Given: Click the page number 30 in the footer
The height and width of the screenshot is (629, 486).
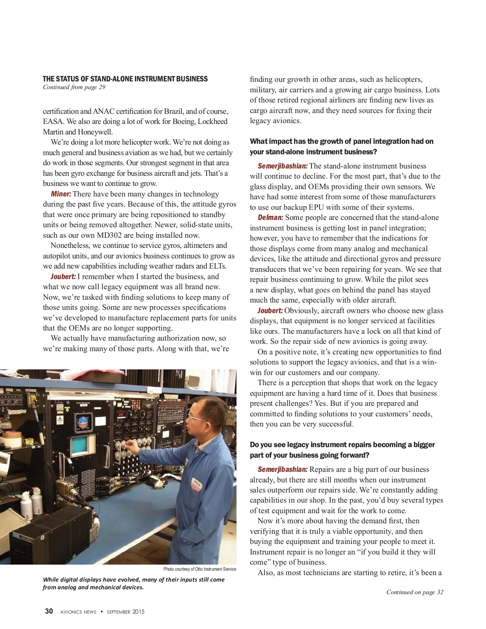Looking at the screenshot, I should pyautogui.click(x=49, y=611).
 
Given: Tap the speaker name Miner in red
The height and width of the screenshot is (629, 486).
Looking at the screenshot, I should pyautogui.click(x=61, y=194).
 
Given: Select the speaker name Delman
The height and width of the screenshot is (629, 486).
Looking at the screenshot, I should pyautogui.click(x=270, y=217).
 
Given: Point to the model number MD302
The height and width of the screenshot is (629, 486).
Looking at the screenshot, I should pyautogui.click(x=109, y=235).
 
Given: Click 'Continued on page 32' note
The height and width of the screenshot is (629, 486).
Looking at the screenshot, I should pyautogui.click(x=414, y=592).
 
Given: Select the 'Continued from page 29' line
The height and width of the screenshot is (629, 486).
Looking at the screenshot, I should pyautogui.click(x=74, y=87).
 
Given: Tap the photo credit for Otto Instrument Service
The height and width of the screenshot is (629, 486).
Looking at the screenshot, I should pyautogui.click(x=200, y=569).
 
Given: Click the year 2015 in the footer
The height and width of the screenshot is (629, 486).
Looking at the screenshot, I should pyautogui.click(x=138, y=612).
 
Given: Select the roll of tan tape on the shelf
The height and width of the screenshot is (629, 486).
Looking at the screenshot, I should pyautogui.click(x=12, y=437).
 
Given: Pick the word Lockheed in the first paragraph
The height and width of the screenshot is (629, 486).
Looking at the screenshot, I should pyautogui.click(x=212, y=122).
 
